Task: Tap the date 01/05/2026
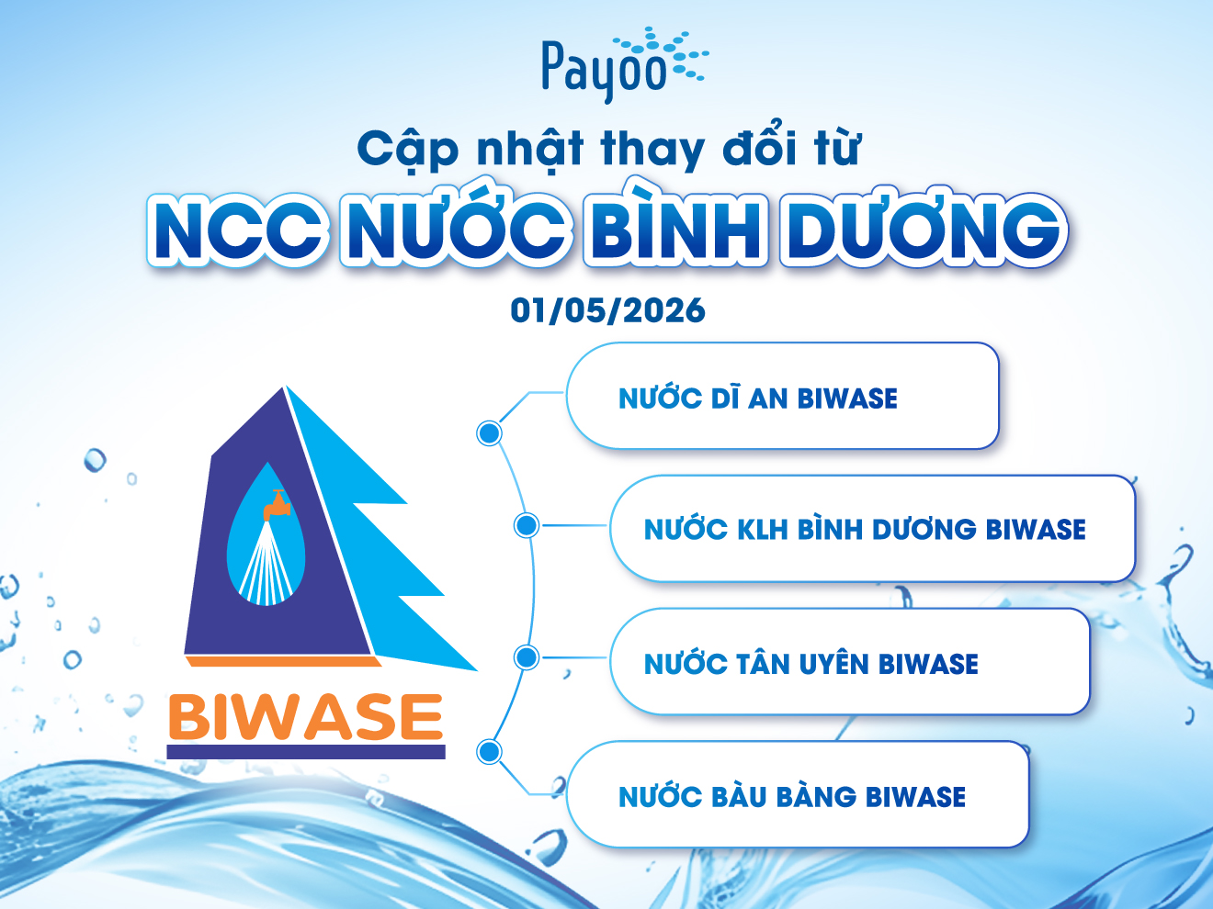608,310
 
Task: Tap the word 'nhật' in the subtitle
529,150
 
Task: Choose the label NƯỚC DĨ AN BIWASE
757,398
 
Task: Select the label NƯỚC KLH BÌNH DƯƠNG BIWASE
865,529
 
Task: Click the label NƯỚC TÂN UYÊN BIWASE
811,663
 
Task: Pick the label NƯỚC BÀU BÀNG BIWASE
792,796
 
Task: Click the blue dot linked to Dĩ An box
489,433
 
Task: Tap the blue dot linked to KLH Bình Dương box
527,525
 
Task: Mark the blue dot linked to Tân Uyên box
527,657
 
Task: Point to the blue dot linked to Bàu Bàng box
489,752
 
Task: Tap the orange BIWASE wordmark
306,716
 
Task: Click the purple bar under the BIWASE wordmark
306,752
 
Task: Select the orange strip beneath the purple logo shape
284,661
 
